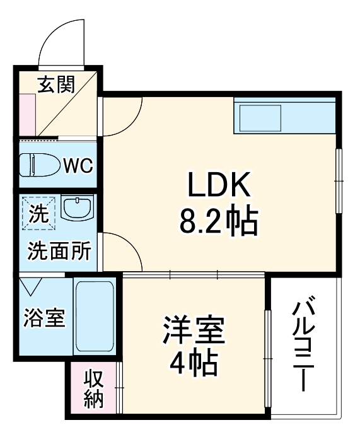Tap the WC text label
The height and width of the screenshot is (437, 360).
(x=78, y=166)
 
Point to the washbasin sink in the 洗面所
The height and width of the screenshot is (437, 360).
(x=78, y=208)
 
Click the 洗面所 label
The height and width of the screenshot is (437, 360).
(x=58, y=252)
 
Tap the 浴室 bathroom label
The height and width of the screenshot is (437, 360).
(x=44, y=318)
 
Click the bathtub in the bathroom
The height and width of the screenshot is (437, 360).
(x=95, y=317)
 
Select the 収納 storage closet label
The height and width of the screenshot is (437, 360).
(x=93, y=389)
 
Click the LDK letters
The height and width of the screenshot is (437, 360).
(x=218, y=187)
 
